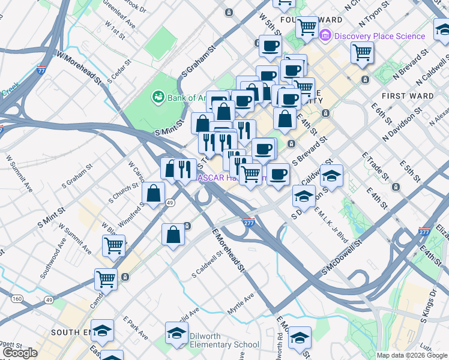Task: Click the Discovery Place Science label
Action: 379,36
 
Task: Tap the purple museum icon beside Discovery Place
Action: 326,36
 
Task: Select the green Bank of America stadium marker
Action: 158,97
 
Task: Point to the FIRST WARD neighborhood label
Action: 403,96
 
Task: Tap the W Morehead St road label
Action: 79,67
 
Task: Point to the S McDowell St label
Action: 343,258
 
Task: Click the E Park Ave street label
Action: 135,328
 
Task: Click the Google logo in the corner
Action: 20,353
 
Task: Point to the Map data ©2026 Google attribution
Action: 412,355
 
